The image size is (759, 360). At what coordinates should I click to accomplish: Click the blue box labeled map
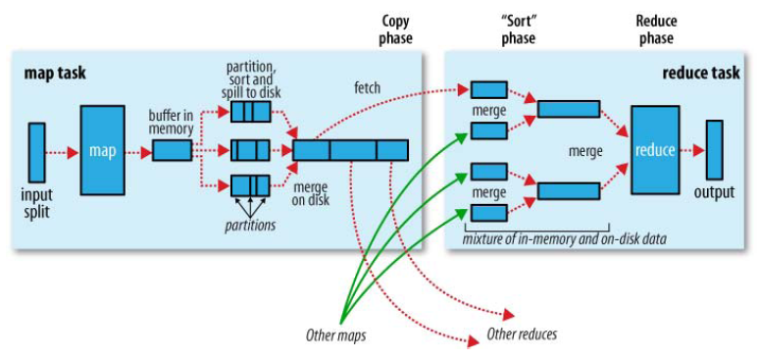pyautogui.click(x=103, y=151)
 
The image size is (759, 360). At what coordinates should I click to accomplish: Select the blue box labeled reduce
pyautogui.click(x=655, y=150)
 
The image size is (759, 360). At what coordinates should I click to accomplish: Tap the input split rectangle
pyautogui.click(x=37, y=152)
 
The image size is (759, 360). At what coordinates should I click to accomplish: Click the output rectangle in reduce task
pyautogui.click(x=714, y=150)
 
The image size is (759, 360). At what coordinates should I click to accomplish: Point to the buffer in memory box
pyautogui.click(x=172, y=151)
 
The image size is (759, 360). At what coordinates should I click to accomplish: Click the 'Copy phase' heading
pyautogui.click(x=395, y=29)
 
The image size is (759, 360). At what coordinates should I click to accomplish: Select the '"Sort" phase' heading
pyautogui.click(x=518, y=29)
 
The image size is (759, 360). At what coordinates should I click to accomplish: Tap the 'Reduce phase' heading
pyautogui.click(x=656, y=29)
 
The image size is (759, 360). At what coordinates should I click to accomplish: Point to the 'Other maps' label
pyautogui.click(x=332, y=334)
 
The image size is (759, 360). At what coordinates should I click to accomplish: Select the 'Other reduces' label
pyautogui.click(x=522, y=334)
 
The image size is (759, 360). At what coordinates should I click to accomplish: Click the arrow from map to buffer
pyautogui.click(x=139, y=152)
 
